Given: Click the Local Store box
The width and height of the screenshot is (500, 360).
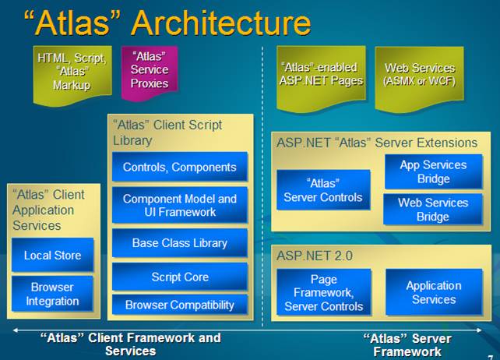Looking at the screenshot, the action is click(53, 255).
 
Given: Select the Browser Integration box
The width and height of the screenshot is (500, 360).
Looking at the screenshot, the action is click(53, 294).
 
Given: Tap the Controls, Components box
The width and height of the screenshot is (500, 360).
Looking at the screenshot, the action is click(180, 167).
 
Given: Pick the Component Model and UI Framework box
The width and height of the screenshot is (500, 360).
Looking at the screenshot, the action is click(180, 205).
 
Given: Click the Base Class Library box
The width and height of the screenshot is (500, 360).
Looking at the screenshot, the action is click(180, 243).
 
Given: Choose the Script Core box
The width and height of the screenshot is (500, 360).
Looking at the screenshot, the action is click(180, 277).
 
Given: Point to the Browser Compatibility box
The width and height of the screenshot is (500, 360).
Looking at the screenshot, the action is click(180, 305).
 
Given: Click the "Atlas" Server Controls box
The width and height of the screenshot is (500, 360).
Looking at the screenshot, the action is click(323, 190).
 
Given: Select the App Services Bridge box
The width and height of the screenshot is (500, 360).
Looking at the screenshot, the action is click(433, 171).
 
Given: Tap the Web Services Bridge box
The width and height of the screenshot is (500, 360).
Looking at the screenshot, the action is click(433, 210).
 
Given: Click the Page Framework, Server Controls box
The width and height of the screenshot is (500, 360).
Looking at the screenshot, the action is click(324, 292).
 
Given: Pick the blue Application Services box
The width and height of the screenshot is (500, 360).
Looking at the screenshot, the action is click(434, 292).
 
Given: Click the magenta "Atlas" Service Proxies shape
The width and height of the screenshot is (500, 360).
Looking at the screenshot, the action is click(150, 72).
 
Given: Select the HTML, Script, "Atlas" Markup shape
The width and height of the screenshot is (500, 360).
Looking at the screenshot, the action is click(72, 74).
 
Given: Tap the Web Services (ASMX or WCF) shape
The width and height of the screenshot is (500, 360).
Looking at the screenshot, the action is click(419, 76).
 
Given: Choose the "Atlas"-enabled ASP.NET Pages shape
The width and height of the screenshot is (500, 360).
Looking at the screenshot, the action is click(321, 76).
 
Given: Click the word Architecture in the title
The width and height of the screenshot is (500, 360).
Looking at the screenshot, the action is click(220, 23).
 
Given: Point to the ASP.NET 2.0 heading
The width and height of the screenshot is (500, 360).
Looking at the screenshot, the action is click(315, 256).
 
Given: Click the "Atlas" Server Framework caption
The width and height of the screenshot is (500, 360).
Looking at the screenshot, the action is click(407, 345).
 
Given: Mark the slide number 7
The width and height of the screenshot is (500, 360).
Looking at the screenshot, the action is click(491, 358).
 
